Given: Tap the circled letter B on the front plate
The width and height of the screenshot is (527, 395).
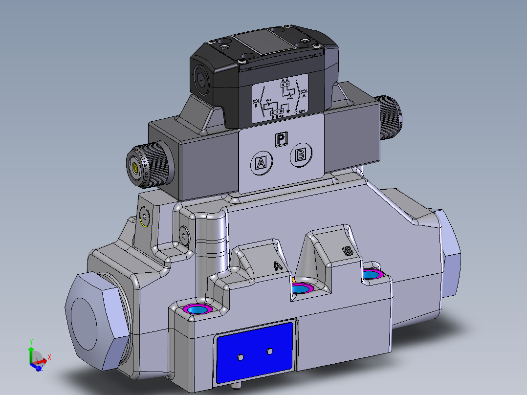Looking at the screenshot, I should point(301,155).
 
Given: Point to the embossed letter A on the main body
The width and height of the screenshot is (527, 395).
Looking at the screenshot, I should point(278,266).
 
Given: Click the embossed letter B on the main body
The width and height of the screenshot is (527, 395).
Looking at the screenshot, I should point(348,251).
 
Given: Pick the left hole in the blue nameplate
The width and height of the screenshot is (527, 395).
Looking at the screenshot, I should point(240,357).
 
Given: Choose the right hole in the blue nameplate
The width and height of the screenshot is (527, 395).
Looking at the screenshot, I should point(269,351).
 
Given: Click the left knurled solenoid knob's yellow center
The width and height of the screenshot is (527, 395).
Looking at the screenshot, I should point(135,169).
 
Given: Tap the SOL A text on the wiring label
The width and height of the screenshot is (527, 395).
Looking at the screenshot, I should point(304,93).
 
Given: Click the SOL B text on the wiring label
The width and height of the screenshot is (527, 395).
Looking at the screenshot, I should point(256,103).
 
